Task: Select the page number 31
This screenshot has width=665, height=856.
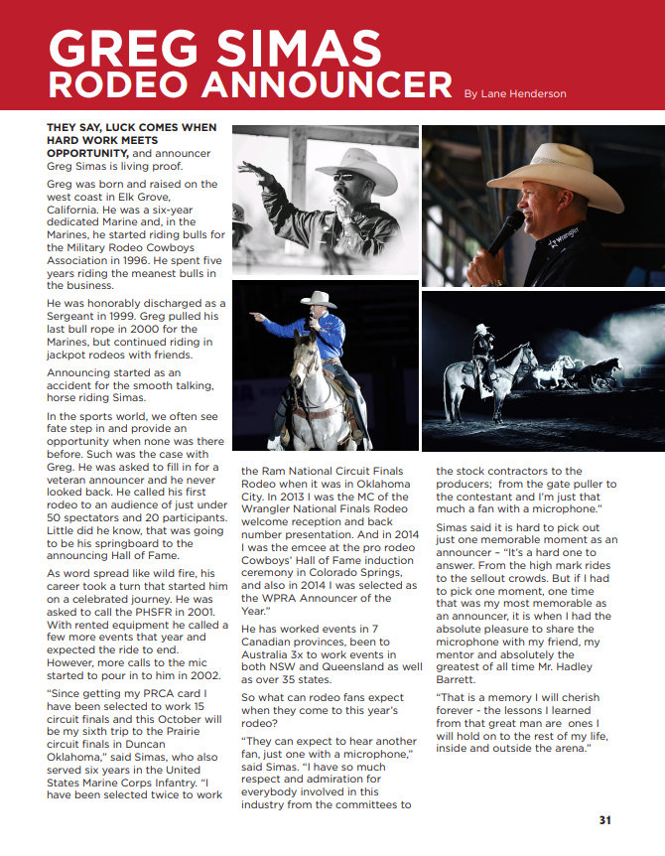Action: (x=604, y=820)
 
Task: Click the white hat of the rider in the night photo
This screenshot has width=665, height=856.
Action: (x=481, y=329)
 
